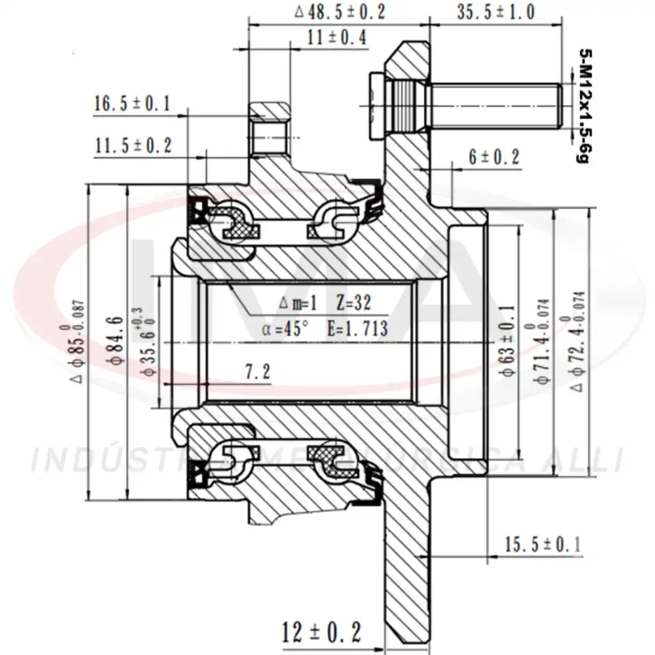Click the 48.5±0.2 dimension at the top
(340, 11)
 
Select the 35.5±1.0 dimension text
(496, 11)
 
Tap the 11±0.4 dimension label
(337, 37)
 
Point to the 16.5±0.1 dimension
(132, 103)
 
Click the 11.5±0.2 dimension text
(133, 145)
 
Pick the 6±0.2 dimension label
(494, 156)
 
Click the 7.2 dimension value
(257, 372)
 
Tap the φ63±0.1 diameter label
(507, 341)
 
